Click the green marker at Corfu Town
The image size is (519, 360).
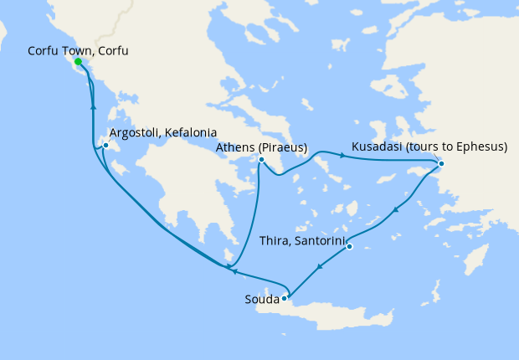(78, 62)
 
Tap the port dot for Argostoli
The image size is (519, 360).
(105, 147)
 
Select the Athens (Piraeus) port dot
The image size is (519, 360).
(261, 160)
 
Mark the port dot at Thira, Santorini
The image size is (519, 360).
(349, 246)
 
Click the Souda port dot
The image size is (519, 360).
(285, 297)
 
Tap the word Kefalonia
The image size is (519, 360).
(191, 133)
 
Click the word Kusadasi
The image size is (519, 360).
(378, 148)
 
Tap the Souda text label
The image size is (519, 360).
(262, 299)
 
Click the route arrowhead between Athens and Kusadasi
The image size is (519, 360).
(342, 155)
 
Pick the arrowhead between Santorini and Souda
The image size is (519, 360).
(320, 268)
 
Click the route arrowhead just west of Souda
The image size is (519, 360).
(235, 270)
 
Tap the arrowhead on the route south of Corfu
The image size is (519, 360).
(92, 108)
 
